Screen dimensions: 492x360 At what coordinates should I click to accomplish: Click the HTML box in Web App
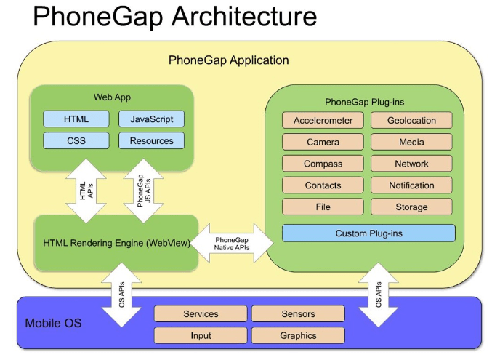point(76,119)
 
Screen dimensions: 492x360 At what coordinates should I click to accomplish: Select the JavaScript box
point(152,119)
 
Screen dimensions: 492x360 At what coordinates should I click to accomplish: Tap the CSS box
point(76,140)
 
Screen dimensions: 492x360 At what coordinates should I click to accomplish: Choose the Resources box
point(152,140)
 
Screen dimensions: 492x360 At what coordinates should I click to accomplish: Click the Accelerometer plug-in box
point(323,120)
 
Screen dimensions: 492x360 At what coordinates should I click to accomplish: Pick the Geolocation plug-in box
point(411,120)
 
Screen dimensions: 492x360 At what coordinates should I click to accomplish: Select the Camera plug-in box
point(323,142)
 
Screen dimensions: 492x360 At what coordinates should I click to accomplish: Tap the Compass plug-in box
point(323,164)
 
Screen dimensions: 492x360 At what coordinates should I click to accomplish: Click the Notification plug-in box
point(411,185)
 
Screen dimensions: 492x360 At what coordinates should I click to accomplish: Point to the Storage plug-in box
point(411,207)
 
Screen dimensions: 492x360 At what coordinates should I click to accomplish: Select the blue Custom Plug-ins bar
point(368,233)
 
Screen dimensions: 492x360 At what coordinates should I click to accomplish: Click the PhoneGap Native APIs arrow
point(232,244)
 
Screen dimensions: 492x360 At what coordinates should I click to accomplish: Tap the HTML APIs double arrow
point(86,191)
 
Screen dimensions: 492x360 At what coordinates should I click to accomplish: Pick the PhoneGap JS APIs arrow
point(144,191)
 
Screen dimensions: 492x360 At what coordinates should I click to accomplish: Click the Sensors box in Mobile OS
point(298,313)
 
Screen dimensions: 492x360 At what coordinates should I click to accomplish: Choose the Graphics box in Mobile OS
point(298,335)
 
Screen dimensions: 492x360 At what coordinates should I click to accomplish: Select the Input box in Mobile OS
point(201,335)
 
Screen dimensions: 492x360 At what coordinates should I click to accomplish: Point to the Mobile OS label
point(53,323)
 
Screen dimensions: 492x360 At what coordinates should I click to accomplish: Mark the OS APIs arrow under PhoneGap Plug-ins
point(379,295)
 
